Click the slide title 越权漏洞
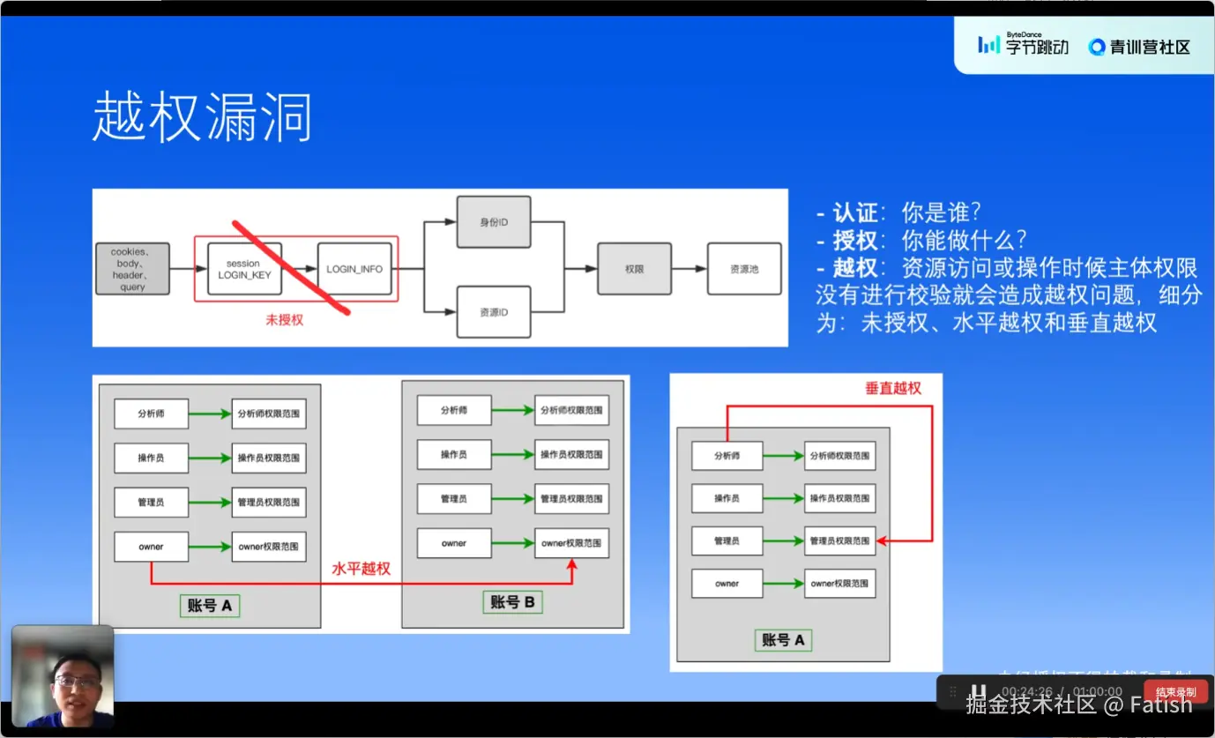click(202, 118)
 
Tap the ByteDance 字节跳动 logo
click(1024, 44)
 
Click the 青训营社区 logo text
click(1140, 47)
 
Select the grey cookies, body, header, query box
click(132, 269)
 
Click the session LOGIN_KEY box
click(244, 269)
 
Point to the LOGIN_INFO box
click(354, 269)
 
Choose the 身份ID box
click(494, 221)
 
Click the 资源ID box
click(494, 312)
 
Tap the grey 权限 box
click(634, 269)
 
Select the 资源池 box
click(744, 269)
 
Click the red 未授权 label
click(284, 320)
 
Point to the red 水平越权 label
click(361, 569)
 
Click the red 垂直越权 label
click(892, 388)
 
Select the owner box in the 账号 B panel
click(454, 543)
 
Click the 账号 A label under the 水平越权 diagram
click(210, 606)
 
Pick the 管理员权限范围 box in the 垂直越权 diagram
click(839, 540)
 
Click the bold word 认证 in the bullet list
click(855, 212)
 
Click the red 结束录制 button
click(1175, 691)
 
